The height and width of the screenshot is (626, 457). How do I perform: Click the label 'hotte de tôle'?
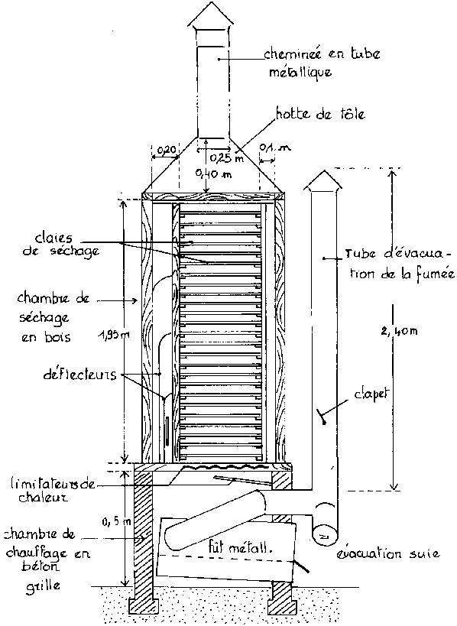pyautogui.click(x=321, y=114)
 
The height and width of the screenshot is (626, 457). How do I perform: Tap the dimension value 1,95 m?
pyautogui.click(x=114, y=336)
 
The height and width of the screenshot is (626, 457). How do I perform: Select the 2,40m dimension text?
pyautogui.click(x=399, y=330)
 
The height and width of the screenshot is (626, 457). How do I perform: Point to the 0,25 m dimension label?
pyautogui.click(x=227, y=158)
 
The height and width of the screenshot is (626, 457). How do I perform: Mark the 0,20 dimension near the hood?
pyautogui.click(x=165, y=150)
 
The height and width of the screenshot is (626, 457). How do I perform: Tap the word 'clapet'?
pyautogui.click(x=371, y=395)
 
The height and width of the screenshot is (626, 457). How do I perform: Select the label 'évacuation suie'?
pyautogui.click(x=388, y=553)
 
